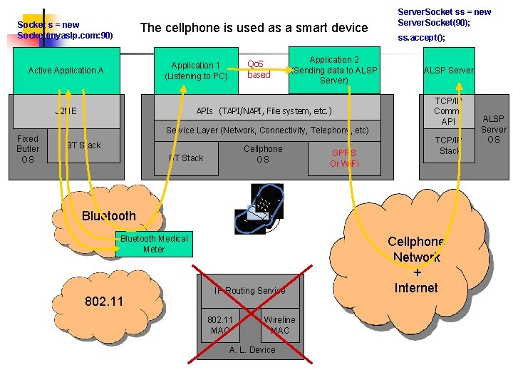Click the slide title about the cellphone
click(x=254, y=28)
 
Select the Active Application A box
click(x=66, y=71)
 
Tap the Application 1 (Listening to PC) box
click(x=196, y=71)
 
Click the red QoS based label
click(x=259, y=69)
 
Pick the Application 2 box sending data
click(x=334, y=70)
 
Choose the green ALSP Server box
click(x=448, y=70)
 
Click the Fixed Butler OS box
click(x=28, y=149)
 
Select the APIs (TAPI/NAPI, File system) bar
click(x=264, y=111)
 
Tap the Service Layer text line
click(x=267, y=130)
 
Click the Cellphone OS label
click(x=263, y=154)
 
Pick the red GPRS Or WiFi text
click(x=344, y=158)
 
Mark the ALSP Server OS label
click(x=493, y=129)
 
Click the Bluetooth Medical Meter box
click(x=154, y=244)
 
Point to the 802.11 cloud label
click(x=104, y=301)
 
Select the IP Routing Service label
click(x=249, y=290)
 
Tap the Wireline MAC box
click(x=279, y=325)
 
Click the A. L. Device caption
click(x=252, y=350)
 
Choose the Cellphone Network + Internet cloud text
click(x=416, y=265)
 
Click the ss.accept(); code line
click(x=421, y=38)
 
